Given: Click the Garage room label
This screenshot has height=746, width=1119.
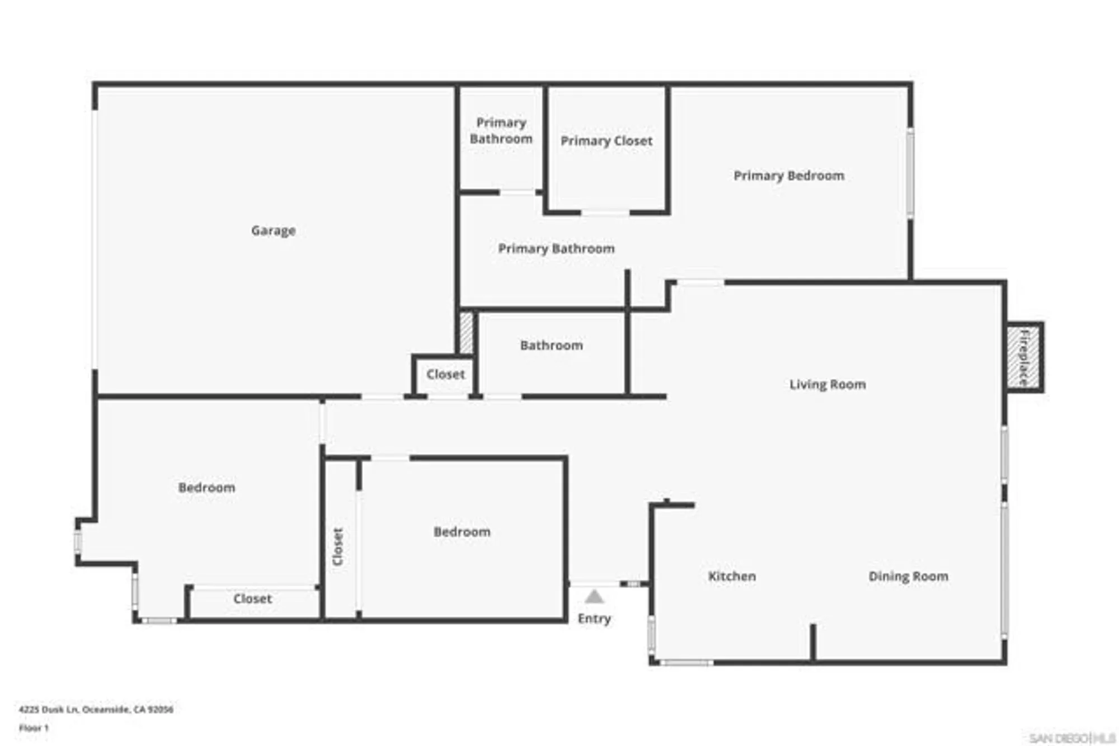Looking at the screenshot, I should coord(273,230).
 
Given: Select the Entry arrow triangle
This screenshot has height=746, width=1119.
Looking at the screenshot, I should coord(594,597).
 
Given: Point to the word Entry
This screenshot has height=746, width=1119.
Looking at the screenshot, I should coord(594,618).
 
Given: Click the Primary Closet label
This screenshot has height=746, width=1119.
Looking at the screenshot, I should coord(606,141).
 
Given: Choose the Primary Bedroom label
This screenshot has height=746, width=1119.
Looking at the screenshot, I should coord(789,176).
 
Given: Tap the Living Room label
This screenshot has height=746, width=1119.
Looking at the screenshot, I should coord(828,384).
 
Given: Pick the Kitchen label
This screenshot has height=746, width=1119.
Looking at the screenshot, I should coord(732,576).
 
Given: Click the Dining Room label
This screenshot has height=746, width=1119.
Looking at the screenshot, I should coord(908,576).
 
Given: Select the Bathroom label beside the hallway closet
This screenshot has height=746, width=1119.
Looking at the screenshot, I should coord(551,345).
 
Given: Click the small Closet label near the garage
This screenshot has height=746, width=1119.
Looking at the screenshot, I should coord(445,374).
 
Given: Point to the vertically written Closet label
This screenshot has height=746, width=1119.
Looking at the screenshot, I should coord(338,546).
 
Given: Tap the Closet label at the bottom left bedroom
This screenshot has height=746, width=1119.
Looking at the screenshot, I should coord(252,598).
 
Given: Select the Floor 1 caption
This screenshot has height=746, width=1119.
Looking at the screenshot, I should coord(34,728).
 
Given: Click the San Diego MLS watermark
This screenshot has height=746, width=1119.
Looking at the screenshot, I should coord(1071,738).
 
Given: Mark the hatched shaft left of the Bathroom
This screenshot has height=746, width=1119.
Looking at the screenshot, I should coord(466,333).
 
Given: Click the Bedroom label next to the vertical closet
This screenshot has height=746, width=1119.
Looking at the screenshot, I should coord(462,531).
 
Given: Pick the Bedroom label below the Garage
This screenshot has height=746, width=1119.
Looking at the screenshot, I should coord(206,487).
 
